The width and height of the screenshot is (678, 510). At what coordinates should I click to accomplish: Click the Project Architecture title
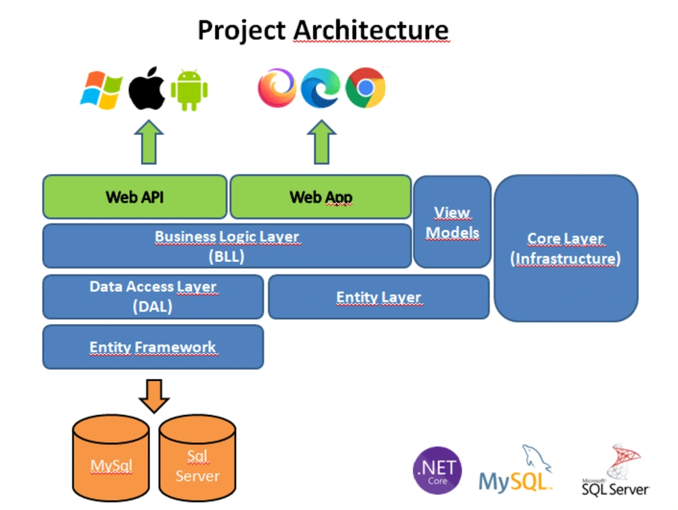tap(323, 31)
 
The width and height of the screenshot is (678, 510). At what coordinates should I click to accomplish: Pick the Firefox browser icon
tap(277, 88)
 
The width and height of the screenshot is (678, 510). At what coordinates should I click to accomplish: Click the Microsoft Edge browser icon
tap(321, 88)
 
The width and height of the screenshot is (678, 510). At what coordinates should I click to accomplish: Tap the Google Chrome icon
tap(365, 88)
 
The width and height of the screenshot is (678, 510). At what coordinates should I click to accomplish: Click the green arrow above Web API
tap(148, 143)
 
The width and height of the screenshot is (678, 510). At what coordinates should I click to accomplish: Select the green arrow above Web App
tap(321, 143)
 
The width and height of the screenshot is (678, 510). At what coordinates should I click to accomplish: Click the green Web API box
tap(134, 197)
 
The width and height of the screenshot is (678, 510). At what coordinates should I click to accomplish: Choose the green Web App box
tap(321, 197)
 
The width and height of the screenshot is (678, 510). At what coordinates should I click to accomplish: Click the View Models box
tap(452, 222)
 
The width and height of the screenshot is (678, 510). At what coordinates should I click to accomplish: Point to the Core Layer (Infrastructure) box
tap(565, 248)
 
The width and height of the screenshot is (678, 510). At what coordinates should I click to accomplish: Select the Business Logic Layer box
tap(226, 246)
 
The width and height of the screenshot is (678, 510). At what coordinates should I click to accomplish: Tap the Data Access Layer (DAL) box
tap(153, 297)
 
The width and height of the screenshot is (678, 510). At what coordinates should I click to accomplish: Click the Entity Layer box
tap(378, 297)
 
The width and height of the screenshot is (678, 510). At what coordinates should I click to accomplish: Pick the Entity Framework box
tap(153, 347)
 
